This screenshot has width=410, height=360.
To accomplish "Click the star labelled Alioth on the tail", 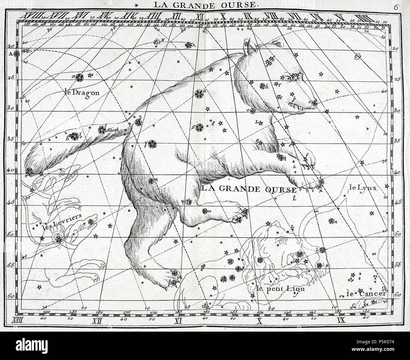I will (102, 130).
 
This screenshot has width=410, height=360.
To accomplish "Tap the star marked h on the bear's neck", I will (262, 86).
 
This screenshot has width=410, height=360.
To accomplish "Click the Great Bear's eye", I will (288, 78).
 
